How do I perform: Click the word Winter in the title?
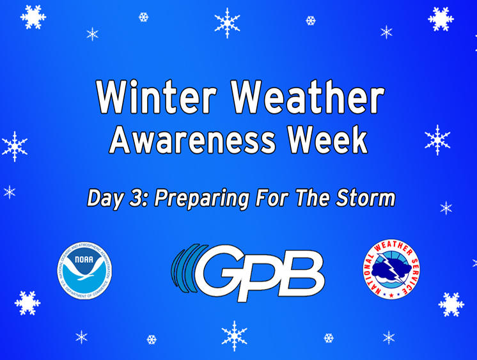pyautogui.click(x=157, y=97)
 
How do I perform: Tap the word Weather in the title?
pyautogui.click(x=308, y=97)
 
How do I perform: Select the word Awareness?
pyautogui.click(x=192, y=140)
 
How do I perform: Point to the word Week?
pyautogui.click(x=328, y=139)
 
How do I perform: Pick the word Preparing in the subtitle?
pyautogui.click(x=202, y=200)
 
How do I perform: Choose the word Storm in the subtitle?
pyautogui.click(x=365, y=198)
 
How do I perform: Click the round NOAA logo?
pyautogui.click(x=84, y=270)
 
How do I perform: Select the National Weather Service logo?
pyautogui.click(x=392, y=269)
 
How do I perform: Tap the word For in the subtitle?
pyautogui.click(x=272, y=198)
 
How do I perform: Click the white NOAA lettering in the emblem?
pyautogui.click(x=84, y=260)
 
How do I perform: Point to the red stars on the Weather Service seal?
pyautogui.click(x=391, y=295)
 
